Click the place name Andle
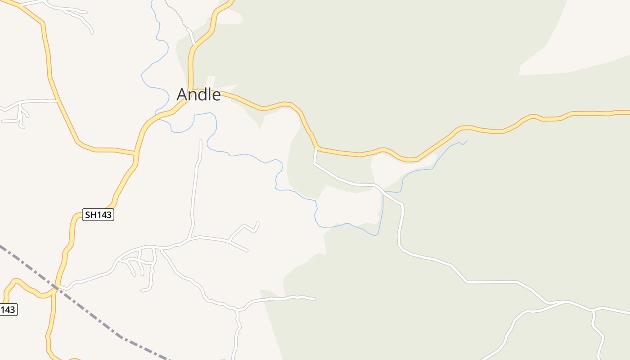tap(198, 94)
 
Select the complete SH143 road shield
tap(99, 215)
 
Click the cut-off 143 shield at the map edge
tap(8, 310)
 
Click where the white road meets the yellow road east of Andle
tap(316, 148)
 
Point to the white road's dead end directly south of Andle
tap(200, 142)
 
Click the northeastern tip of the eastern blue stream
tap(466, 141)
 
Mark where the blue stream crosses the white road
tap(383, 193)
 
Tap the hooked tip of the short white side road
tap(257, 223)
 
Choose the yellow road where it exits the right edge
tap(627, 112)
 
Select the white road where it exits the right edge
tap(627, 312)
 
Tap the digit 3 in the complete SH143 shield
tap(109, 215)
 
